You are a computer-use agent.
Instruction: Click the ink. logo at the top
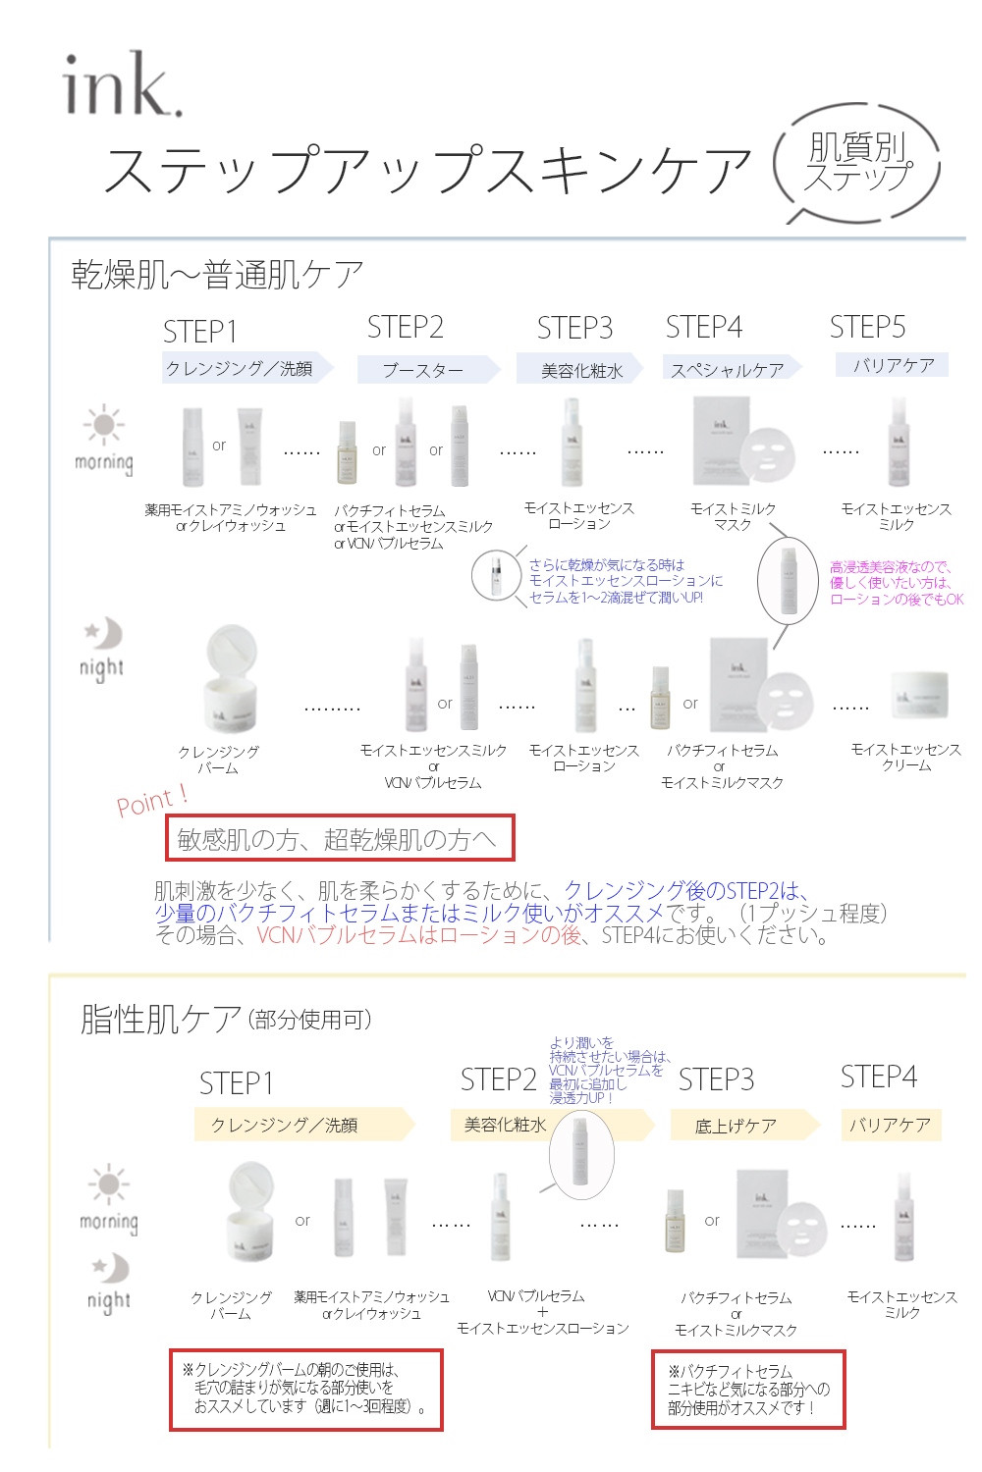tap(122, 85)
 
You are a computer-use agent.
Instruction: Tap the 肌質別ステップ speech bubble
tap(857, 163)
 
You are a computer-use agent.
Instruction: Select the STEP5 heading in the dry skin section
tap(867, 327)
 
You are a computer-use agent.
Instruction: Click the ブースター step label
tap(423, 370)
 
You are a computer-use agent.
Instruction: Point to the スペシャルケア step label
tap(728, 370)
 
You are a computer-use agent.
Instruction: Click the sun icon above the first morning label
tap(104, 425)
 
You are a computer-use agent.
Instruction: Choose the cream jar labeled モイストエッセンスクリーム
tap(919, 697)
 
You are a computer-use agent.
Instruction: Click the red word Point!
tap(152, 802)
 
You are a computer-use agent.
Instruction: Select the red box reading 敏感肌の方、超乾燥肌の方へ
tap(340, 838)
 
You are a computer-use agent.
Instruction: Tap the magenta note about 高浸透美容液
tap(896, 583)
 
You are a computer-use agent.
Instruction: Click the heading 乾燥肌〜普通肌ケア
tap(217, 275)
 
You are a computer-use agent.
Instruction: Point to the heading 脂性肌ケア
tap(161, 1020)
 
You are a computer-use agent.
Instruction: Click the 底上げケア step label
tap(736, 1126)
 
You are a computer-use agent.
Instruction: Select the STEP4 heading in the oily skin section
tap(878, 1078)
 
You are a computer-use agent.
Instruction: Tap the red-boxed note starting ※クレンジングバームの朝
tap(306, 1389)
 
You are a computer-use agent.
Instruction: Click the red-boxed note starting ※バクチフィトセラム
tap(748, 1390)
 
